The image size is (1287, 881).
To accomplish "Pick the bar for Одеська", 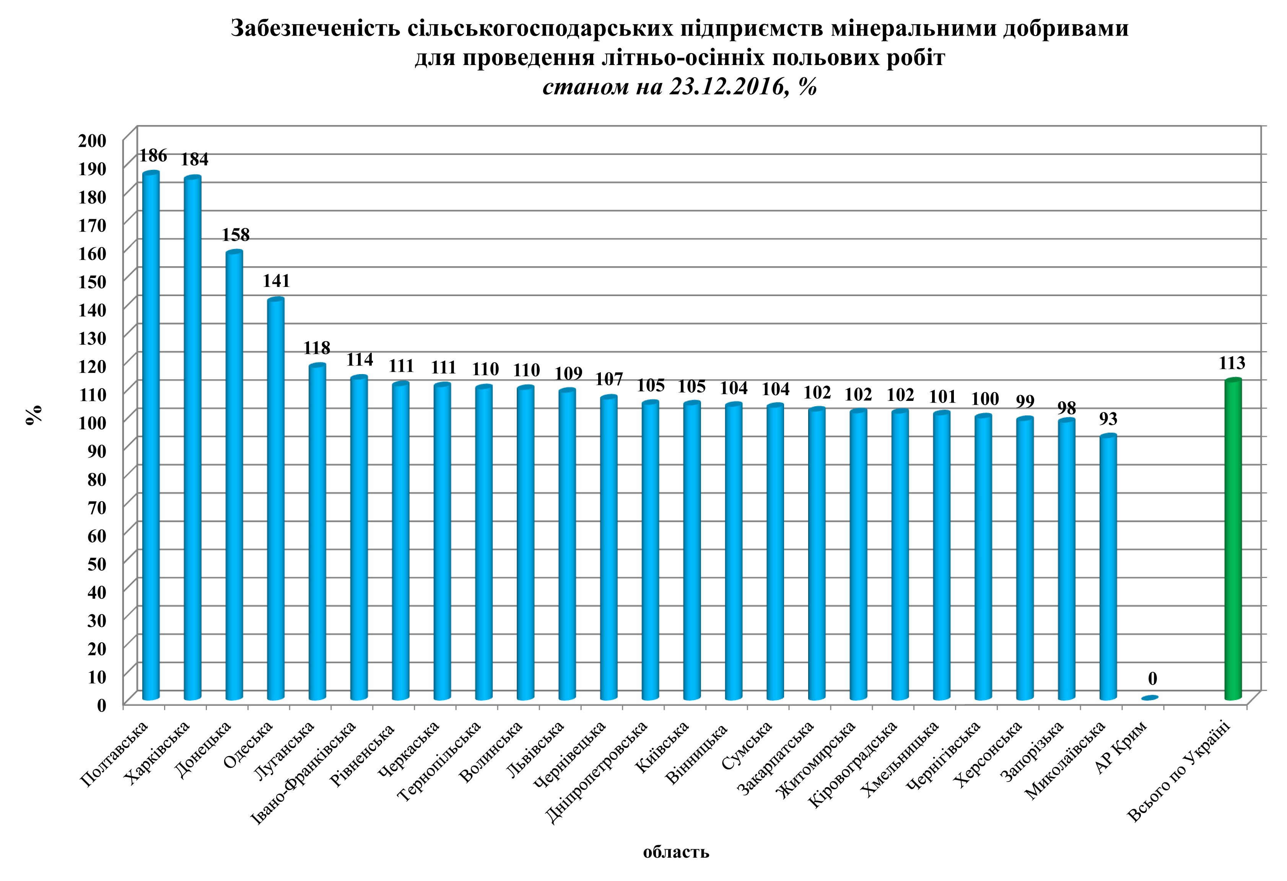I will pos(276,498).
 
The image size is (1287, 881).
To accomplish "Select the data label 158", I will pos(236,235).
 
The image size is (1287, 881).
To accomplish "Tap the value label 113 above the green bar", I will pos(1232,363).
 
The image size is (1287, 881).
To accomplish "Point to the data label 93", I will pos(1108,419).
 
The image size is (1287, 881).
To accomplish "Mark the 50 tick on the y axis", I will pos(96,564).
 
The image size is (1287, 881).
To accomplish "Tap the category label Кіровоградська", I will pos(853,764).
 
